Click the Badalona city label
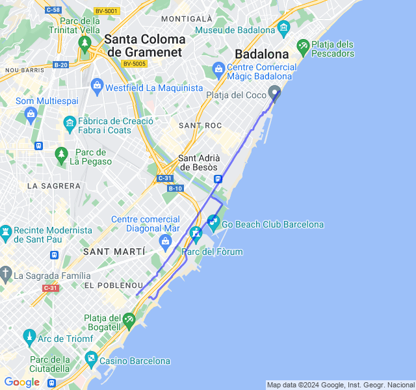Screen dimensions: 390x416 [x=261, y=54]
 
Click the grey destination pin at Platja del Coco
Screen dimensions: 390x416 [x=275, y=93]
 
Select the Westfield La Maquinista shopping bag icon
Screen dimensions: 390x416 [x=97, y=85]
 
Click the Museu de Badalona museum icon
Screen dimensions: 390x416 [x=283, y=28]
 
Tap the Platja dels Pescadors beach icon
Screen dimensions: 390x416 [x=302, y=47]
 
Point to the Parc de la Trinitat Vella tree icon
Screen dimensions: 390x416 [x=84, y=43]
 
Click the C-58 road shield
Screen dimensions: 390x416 [x=53, y=10]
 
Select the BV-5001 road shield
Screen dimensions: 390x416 [x=107, y=10]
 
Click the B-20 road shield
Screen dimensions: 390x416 [x=60, y=64]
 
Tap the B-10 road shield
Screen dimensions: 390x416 [x=175, y=188]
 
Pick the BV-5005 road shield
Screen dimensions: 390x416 [x=134, y=63]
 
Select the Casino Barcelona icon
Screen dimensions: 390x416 [x=91, y=359]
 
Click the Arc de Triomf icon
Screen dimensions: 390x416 [x=29, y=337]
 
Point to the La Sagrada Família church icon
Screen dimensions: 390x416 [x=5, y=273]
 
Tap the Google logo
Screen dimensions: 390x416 [x=21, y=382]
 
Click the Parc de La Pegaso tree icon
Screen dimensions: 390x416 [x=62, y=154]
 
